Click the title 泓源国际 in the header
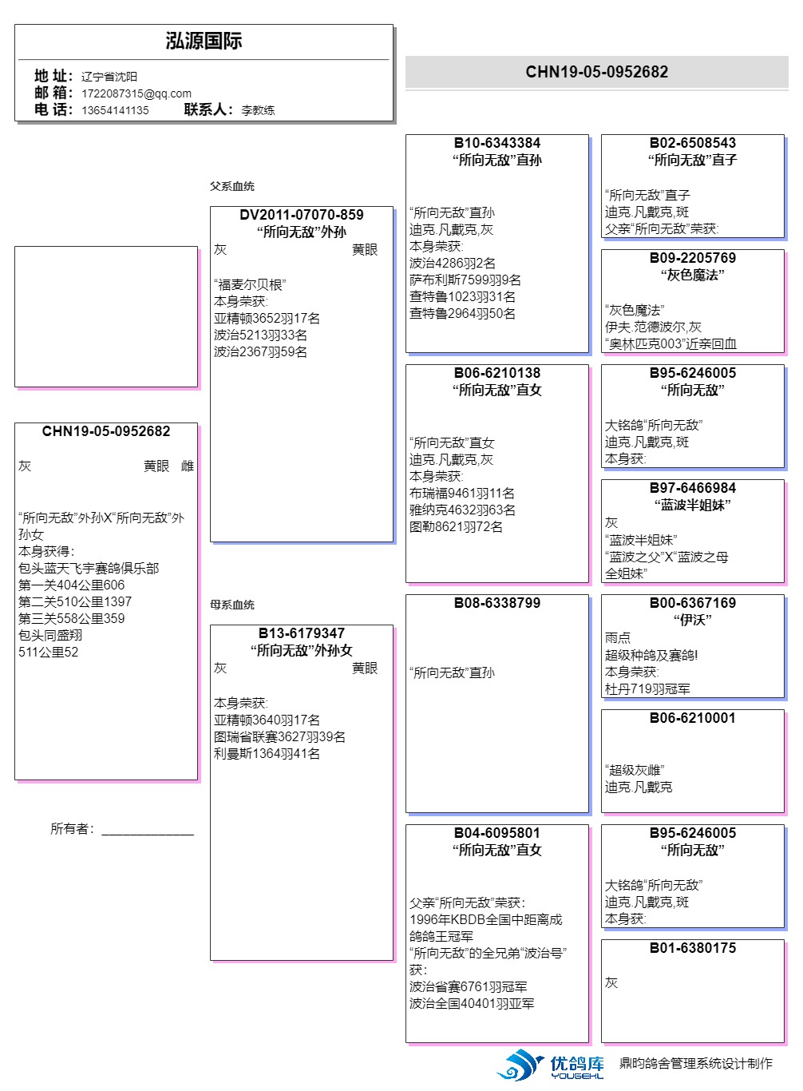tap(204, 42)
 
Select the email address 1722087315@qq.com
tap(136, 93)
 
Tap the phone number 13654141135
tap(115, 110)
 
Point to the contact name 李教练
tap(258, 110)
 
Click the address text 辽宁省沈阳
tap(109, 77)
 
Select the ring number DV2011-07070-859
tap(302, 215)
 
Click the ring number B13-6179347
tap(302, 633)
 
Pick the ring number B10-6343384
tap(497, 143)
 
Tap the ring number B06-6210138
tap(497, 373)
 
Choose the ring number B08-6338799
tap(497, 603)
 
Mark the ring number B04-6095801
tap(497, 833)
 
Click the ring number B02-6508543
tap(693, 143)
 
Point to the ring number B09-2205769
tap(693, 258)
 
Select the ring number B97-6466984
tap(693, 488)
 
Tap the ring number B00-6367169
tap(693, 603)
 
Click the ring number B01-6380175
tap(693, 948)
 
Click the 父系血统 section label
tap(232, 186)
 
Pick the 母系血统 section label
tap(232, 605)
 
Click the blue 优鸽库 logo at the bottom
tap(551, 1065)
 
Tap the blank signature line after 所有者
tap(148, 831)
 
